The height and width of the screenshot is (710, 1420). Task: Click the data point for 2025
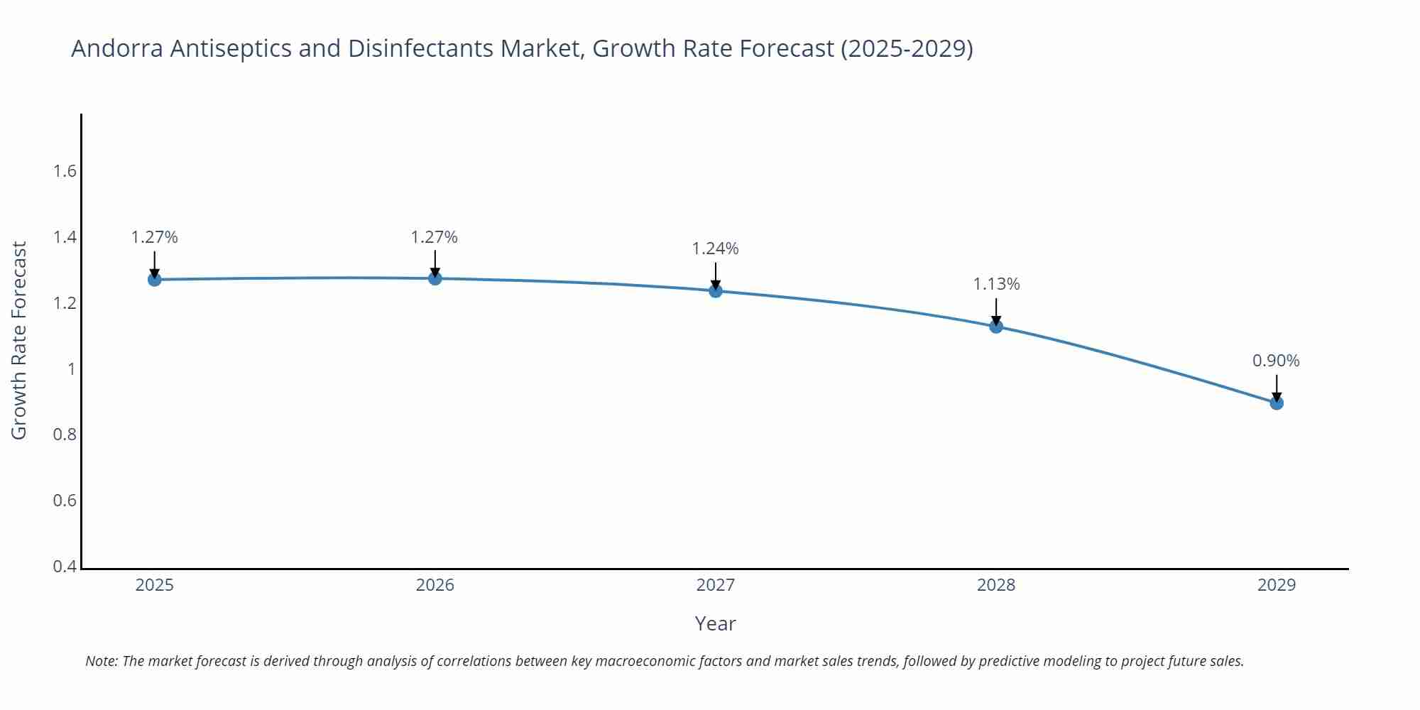click(x=154, y=279)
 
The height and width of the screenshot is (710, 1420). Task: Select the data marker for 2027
click(x=715, y=290)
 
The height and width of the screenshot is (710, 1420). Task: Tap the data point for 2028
click(x=995, y=326)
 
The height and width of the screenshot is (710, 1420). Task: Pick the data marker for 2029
click(x=1276, y=403)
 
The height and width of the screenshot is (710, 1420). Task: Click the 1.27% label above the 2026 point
click(x=434, y=237)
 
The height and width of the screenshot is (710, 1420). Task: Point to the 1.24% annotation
click(x=715, y=248)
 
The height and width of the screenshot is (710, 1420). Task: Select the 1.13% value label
click(x=995, y=284)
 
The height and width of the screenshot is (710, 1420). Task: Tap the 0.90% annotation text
click(x=1276, y=361)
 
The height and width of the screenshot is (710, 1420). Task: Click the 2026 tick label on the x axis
click(x=435, y=585)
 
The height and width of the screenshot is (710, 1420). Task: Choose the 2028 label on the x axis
click(x=995, y=585)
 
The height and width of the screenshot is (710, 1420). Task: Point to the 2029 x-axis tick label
click(x=1276, y=585)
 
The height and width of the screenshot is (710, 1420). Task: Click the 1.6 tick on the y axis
click(x=65, y=171)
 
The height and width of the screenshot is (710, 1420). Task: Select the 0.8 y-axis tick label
click(x=65, y=435)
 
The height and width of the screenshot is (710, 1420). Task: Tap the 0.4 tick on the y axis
click(x=65, y=567)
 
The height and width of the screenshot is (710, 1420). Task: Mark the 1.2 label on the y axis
click(x=65, y=303)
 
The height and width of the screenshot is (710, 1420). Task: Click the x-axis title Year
click(x=715, y=623)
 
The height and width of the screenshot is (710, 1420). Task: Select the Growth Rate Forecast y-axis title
click(x=19, y=340)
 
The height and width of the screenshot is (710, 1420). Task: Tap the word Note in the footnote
click(x=101, y=661)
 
